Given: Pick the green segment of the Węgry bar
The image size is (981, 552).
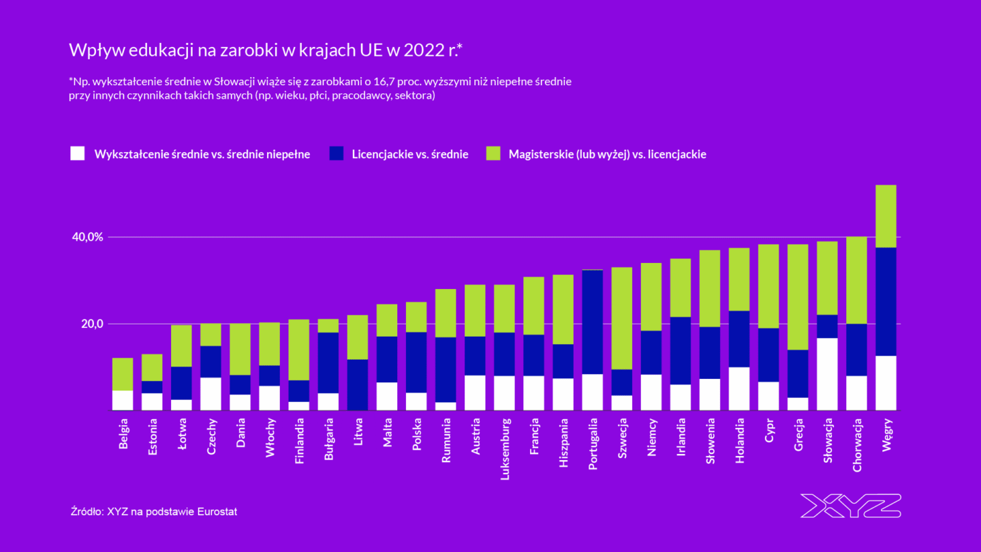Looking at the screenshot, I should [x=886, y=216].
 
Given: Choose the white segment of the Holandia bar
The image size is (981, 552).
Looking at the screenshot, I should [x=739, y=388].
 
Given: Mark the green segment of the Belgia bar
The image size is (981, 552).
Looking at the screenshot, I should [x=123, y=374].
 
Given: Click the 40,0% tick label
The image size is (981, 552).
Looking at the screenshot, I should [x=87, y=237].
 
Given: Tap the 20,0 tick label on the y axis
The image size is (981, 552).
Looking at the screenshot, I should [x=93, y=324].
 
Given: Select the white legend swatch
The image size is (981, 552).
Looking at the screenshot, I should [x=78, y=154].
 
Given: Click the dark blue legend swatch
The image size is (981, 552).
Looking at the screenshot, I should [x=336, y=154].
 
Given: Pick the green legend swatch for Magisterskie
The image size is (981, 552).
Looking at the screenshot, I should [x=493, y=154].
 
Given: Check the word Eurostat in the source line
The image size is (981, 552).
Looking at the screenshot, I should [x=216, y=511].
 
